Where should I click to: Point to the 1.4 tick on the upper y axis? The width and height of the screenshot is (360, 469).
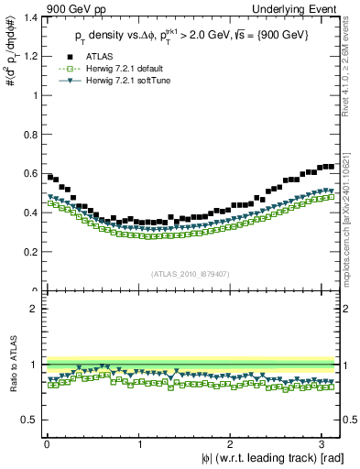click(x=29, y=16)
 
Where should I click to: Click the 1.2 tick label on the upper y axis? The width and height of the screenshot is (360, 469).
click(x=29, y=56)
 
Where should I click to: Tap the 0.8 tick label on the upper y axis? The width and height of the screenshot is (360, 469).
click(x=29, y=134)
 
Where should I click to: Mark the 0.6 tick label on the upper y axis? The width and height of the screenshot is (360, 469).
click(x=29, y=173)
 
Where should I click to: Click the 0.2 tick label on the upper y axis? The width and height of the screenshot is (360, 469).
click(x=29, y=251)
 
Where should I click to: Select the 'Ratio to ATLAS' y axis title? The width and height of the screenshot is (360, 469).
click(x=10, y=366)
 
